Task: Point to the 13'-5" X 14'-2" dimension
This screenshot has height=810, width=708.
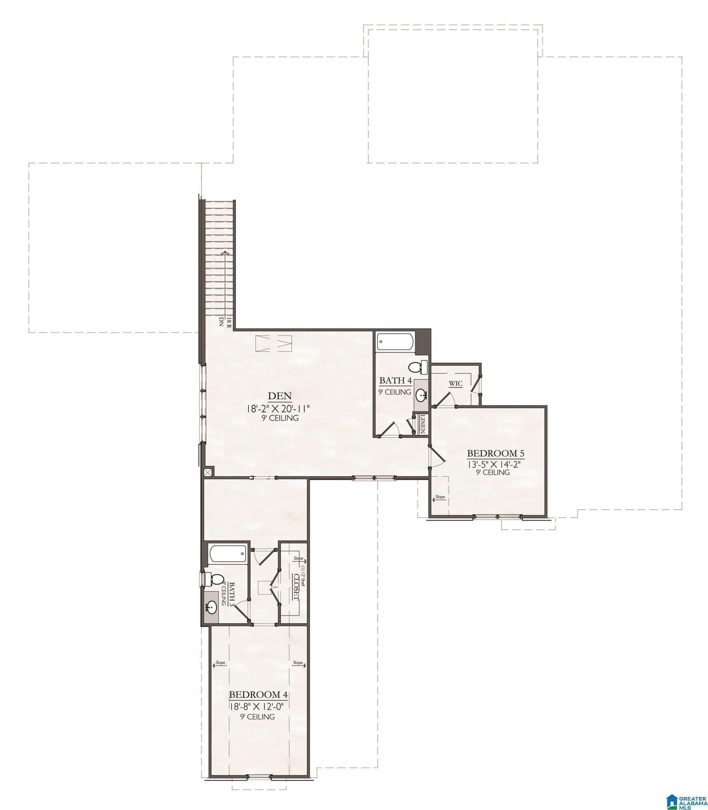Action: click(x=492, y=464)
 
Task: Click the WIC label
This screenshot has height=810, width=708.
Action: click(x=455, y=384)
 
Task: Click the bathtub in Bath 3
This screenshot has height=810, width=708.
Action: click(x=228, y=554)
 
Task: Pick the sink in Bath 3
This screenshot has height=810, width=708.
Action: click(x=212, y=606)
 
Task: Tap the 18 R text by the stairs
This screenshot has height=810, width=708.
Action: click(x=228, y=322)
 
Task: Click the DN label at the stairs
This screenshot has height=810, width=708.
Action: click(x=221, y=321)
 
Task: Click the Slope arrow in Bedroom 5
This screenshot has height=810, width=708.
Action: click(x=440, y=499)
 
